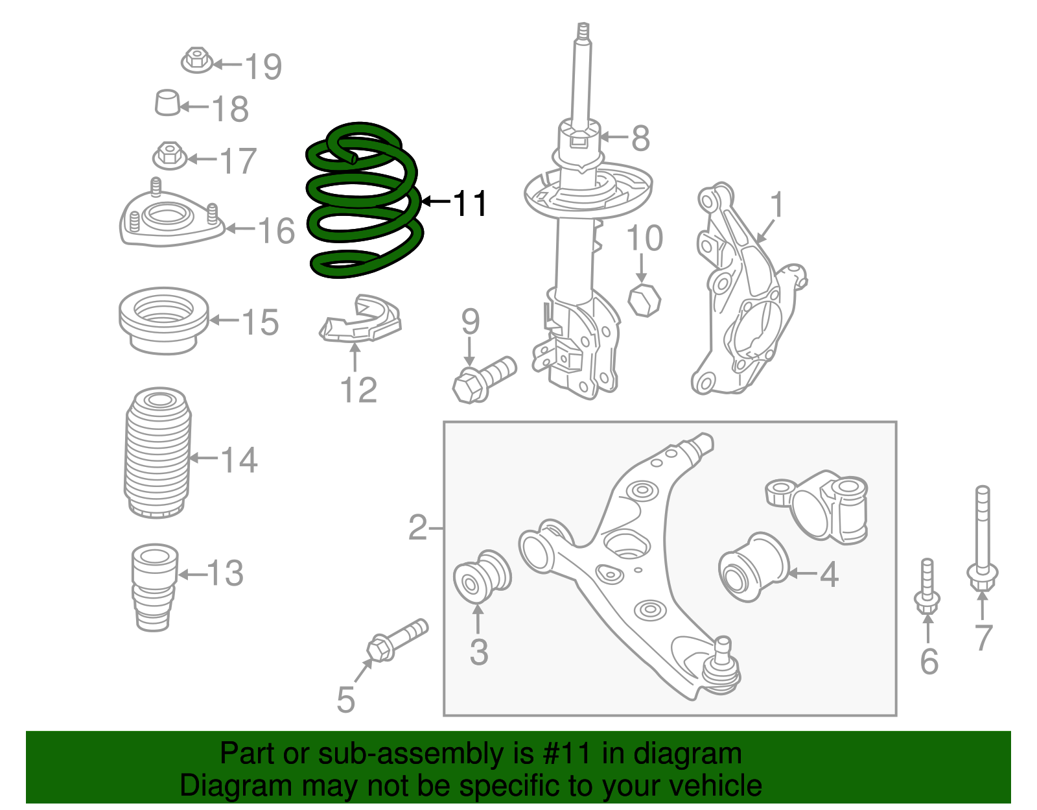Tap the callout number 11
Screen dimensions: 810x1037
click(469, 204)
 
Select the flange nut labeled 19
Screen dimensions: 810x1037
click(196, 61)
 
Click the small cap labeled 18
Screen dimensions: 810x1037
click(168, 102)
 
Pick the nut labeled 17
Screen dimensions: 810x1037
click(169, 156)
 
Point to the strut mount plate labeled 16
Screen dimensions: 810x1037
click(170, 220)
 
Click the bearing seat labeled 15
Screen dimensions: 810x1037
click(163, 320)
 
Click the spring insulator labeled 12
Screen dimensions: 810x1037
click(360, 320)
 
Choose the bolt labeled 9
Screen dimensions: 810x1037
click(483, 380)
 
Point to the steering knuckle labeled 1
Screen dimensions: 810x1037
click(745, 292)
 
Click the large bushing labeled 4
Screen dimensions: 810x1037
click(753, 567)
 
